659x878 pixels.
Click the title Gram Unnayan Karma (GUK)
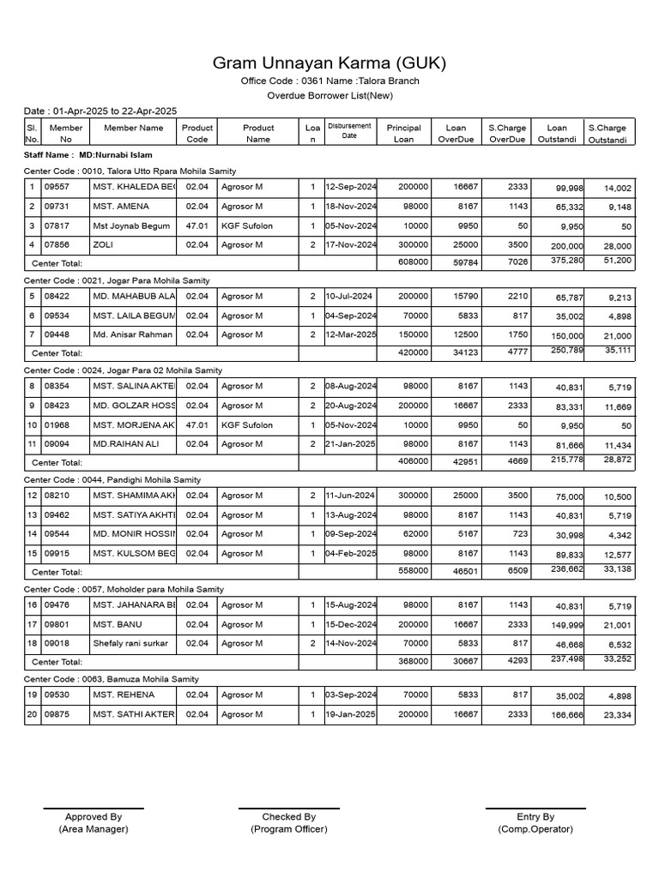point(329,64)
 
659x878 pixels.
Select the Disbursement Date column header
point(349,130)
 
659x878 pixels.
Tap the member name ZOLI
point(103,245)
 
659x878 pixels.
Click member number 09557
point(57,187)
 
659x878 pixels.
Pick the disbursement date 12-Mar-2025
point(351,335)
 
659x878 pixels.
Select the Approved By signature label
point(94,817)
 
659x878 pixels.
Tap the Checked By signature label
point(288,817)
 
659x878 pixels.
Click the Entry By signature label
point(535,817)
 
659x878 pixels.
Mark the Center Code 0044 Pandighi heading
point(112,480)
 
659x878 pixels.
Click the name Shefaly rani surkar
point(130,643)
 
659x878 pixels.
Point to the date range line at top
point(100,111)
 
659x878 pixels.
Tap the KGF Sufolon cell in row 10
point(247,425)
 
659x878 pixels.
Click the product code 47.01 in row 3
point(196,226)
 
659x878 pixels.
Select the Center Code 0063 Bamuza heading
point(111,679)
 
